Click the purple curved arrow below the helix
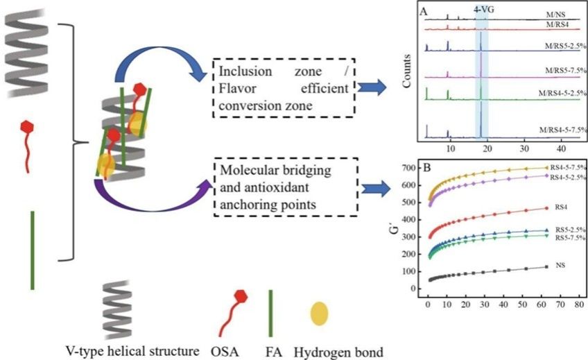(153, 201)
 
